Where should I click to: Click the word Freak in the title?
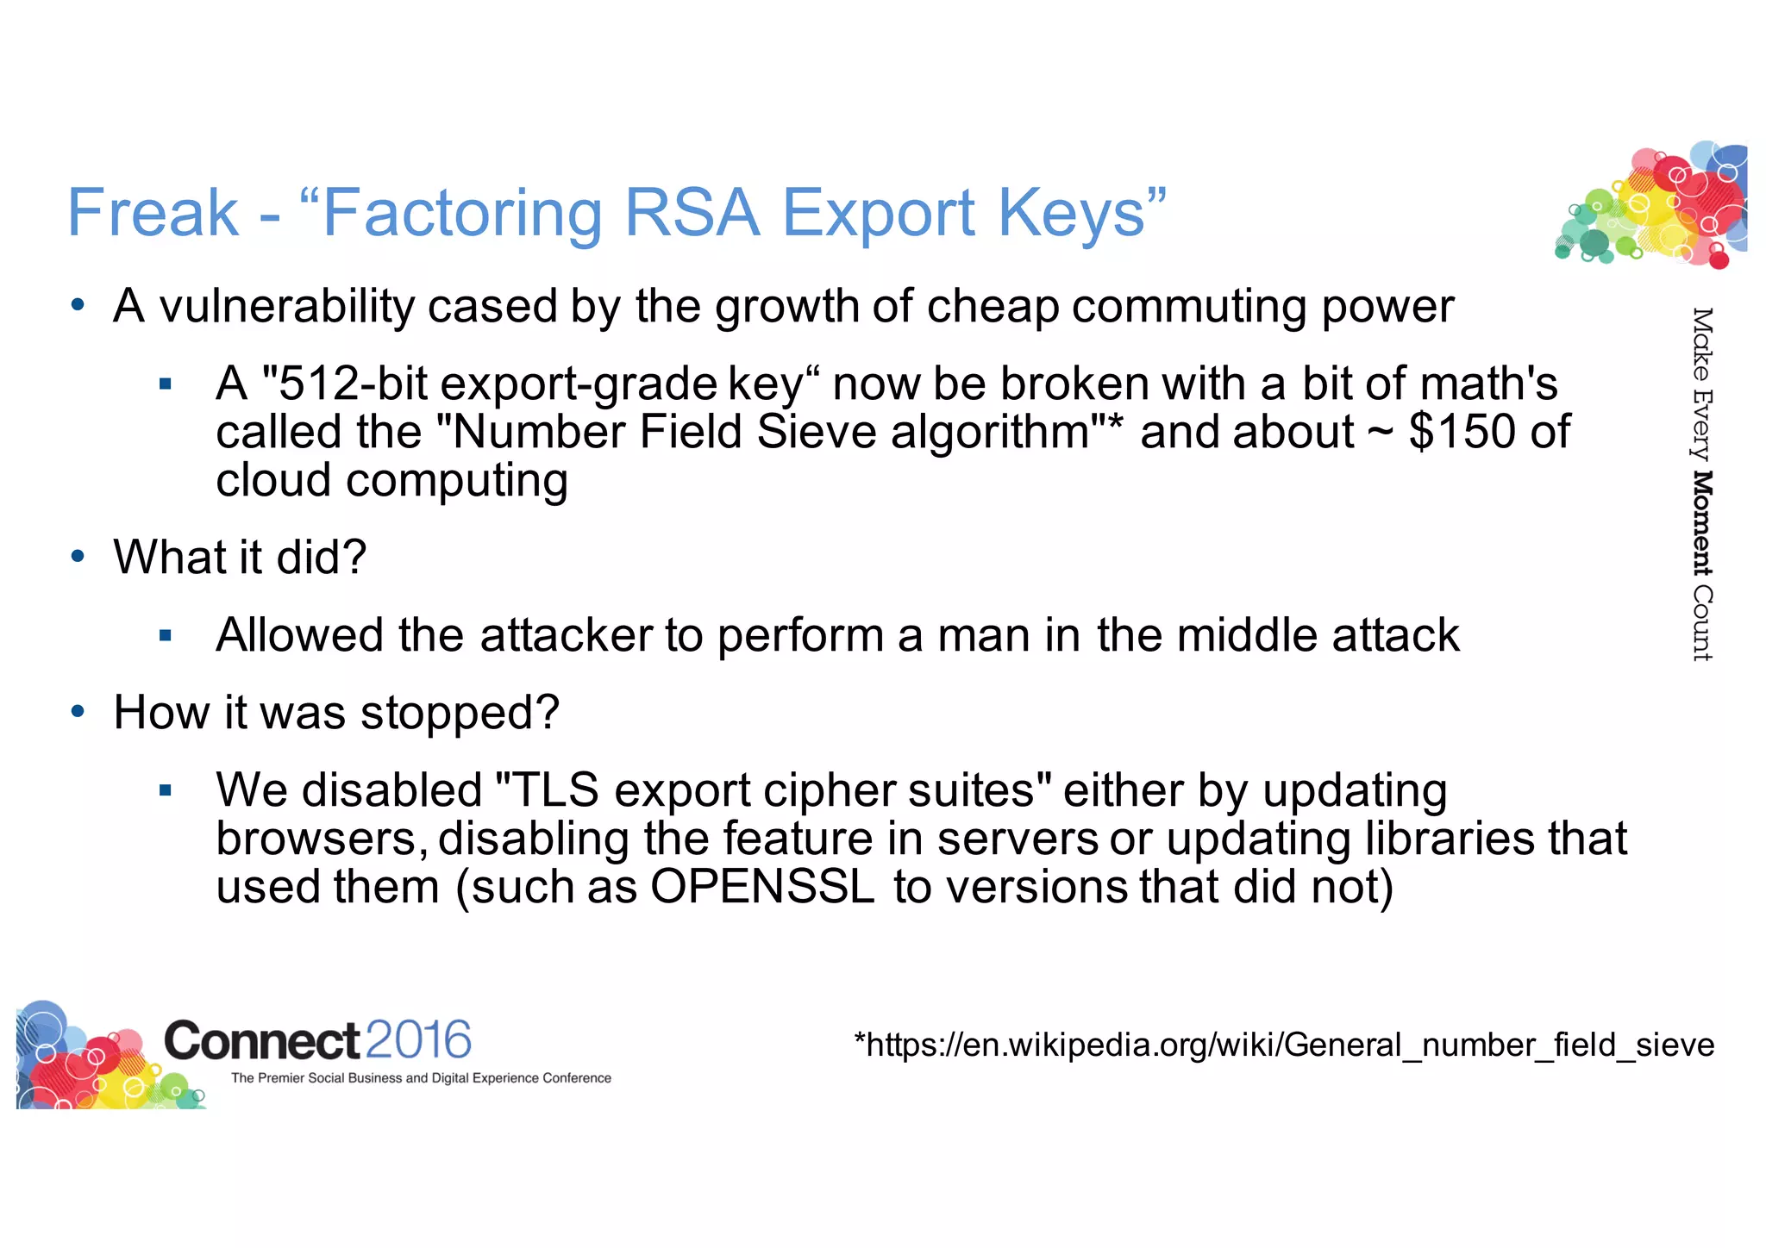tap(153, 212)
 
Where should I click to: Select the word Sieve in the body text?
tap(816, 432)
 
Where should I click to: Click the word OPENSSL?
tap(762, 887)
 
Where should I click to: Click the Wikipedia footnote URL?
tap(1284, 1045)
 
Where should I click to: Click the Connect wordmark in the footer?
tap(261, 1040)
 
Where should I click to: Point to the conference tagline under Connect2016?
tap(421, 1078)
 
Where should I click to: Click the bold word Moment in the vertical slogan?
tap(1701, 523)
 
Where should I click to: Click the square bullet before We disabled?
tap(166, 790)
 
